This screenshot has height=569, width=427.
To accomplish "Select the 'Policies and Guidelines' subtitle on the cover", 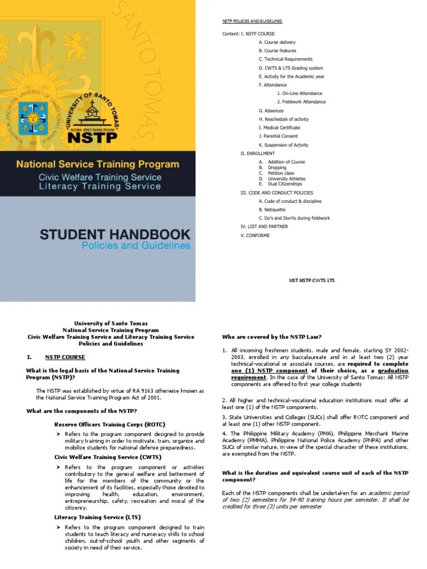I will (x=136, y=246).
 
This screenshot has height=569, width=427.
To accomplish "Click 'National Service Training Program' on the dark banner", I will (x=98, y=164).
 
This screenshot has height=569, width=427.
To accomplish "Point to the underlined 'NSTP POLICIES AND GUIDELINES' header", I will (x=252, y=21).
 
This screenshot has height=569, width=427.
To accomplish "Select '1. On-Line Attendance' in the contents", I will (x=300, y=93).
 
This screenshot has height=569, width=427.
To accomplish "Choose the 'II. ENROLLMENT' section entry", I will (x=257, y=153).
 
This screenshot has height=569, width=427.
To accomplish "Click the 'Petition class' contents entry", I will (x=281, y=173).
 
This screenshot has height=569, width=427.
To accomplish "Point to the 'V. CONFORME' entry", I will (x=255, y=235).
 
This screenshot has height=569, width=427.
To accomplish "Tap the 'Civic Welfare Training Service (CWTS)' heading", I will (x=105, y=457).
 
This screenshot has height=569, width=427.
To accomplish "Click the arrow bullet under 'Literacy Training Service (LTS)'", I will (x=57, y=526).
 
